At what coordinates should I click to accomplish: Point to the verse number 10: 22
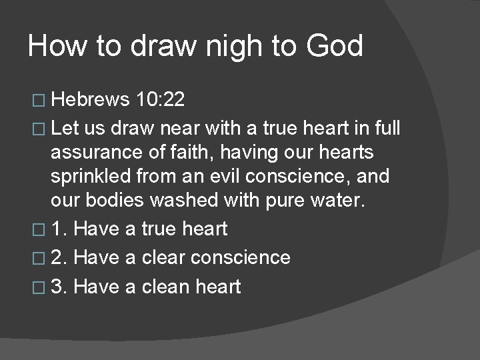[160, 100]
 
